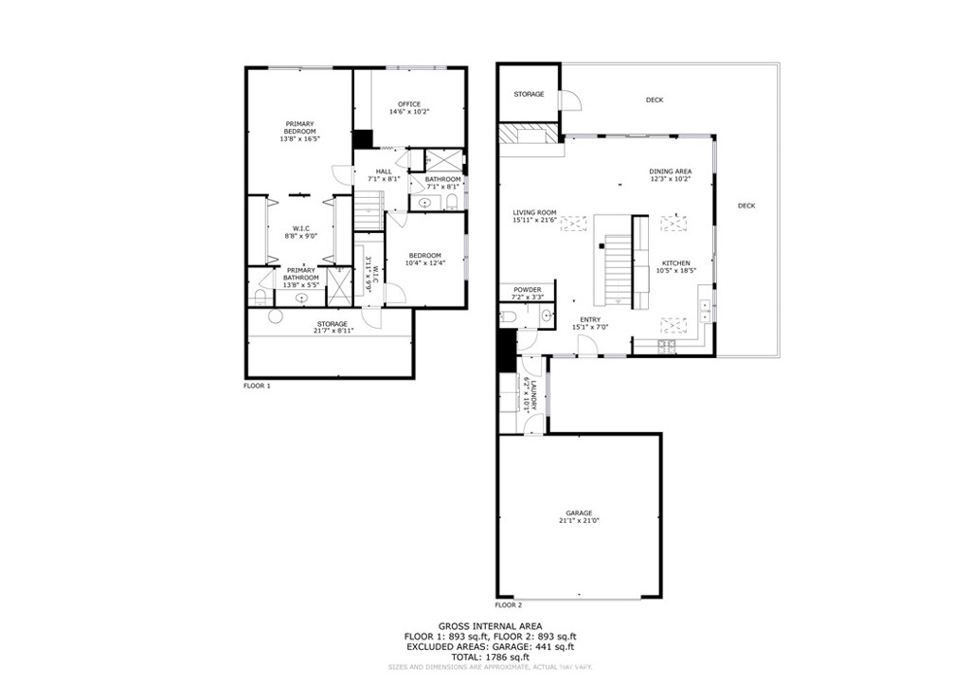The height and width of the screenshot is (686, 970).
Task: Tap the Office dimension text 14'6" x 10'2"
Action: coord(408,112)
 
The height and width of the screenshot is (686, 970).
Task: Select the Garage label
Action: coord(579,513)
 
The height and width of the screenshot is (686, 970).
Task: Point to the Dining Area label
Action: coord(670,171)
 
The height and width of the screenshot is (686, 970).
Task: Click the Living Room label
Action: coord(534,212)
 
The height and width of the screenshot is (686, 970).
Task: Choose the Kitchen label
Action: coord(675,262)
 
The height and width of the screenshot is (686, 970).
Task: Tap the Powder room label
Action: coord(527,290)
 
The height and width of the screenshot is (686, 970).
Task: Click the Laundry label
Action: coord(534,395)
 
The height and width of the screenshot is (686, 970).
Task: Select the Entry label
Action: coord(590,319)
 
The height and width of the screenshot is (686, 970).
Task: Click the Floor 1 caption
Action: coord(257,387)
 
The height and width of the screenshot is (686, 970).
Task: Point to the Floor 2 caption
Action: coord(509,605)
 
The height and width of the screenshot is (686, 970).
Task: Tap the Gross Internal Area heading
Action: coord(484,626)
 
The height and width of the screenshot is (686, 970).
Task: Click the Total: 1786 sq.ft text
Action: coord(484,656)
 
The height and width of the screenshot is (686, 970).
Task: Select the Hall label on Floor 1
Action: coord(384,171)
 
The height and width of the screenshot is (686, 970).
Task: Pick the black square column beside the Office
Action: coord(362,138)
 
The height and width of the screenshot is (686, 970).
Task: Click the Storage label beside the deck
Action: coord(529,95)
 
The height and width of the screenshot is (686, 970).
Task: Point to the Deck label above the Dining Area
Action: coord(654,99)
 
